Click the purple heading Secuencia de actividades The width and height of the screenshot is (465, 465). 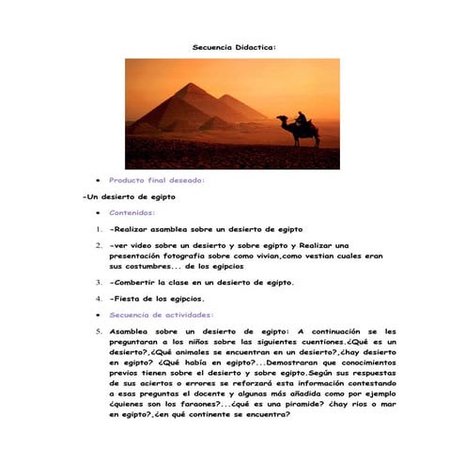point(161,315)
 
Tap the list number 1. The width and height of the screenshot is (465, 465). point(98,229)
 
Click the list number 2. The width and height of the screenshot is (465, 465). point(98,246)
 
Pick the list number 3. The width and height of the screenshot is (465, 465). point(98,281)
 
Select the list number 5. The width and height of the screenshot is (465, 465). point(98,332)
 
